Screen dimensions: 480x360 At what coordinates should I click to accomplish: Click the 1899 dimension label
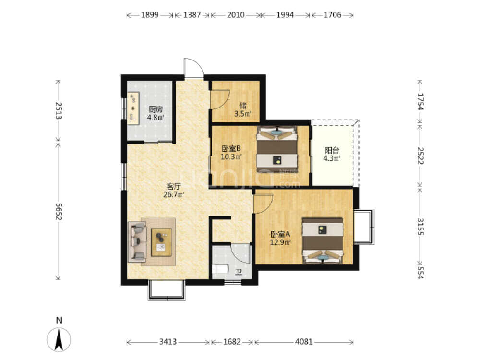(150, 15)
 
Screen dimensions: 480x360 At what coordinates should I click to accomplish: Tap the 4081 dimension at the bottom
(304, 342)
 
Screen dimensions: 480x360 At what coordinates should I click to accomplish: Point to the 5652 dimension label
(59, 211)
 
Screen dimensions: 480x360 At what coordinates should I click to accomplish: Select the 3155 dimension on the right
(420, 227)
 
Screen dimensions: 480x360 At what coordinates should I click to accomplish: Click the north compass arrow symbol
(59, 339)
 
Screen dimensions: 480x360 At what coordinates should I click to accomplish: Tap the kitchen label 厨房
(156, 109)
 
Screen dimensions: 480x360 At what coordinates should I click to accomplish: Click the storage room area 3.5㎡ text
(243, 114)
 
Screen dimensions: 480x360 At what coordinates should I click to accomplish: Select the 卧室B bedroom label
(231, 149)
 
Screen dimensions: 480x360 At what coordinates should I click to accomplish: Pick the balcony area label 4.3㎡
(332, 158)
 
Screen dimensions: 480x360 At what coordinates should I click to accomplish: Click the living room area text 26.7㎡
(174, 194)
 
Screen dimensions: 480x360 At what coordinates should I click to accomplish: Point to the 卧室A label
(280, 235)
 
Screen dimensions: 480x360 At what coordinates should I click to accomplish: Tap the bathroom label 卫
(239, 272)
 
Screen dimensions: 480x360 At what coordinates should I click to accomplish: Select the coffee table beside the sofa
(161, 242)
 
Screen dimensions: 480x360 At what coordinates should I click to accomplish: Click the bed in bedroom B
(277, 150)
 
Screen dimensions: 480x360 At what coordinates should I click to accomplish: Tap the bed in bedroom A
(323, 240)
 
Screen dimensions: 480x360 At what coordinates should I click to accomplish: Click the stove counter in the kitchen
(133, 108)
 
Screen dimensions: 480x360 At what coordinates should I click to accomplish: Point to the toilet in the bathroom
(220, 269)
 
